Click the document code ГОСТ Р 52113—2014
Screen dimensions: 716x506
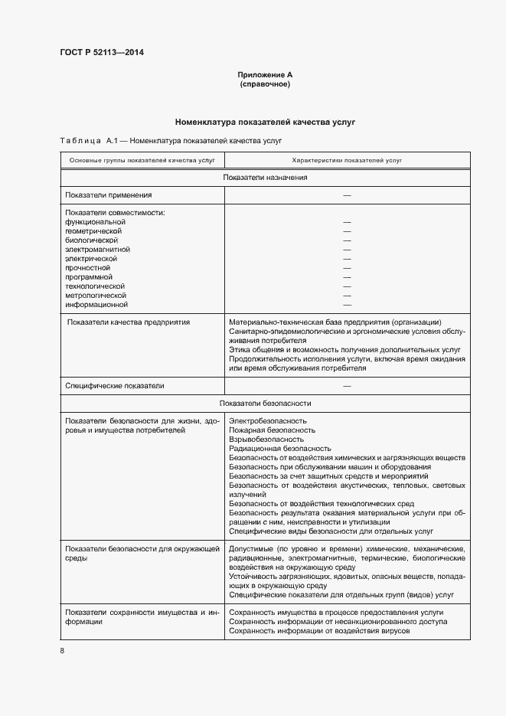pyautogui.click(x=102, y=53)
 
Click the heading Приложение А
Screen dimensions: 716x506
pyautogui.click(x=265, y=75)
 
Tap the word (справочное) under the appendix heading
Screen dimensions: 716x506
pyautogui.click(x=265, y=84)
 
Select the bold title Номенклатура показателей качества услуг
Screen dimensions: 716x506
pyautogui.click(x=265, y=122)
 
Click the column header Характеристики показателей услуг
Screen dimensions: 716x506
pyautogui.click(x=347, y=160)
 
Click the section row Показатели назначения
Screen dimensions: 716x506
pyautogui.click(x=265, y=178)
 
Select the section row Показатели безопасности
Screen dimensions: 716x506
pyautogui.click(x=265, y=403)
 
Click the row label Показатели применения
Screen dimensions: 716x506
pyautogui.click(x=109, y=195)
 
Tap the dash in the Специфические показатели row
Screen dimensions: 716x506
pyautogui.click(x=347, y=386)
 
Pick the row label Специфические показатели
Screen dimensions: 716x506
pyautogui.click(x=115, y=386)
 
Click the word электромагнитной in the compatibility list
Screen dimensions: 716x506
pyautogui.click(x=98, y=250)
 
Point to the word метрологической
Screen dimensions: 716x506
pyautogui.click(x=96, y=296)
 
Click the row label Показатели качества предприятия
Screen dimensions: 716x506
pyautogui.click(x=129, y=322)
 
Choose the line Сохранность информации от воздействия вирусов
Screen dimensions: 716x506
pyautogui.click(x=318, y=631)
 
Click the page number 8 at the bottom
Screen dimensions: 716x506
pyautogui.click(x=62, y=651)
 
